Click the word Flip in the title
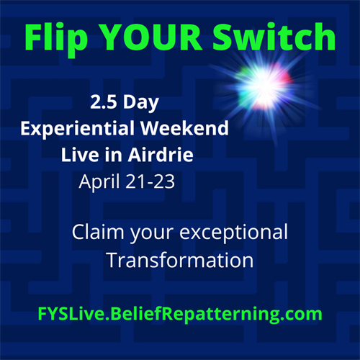56,38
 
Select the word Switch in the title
274,37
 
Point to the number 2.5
104,102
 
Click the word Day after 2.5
141,103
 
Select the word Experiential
77,129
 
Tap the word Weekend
184,128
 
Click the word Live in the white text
80,155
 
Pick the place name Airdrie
161,155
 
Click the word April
99,182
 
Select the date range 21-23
150,181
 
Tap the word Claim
98,232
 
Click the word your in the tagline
152,234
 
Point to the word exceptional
233,233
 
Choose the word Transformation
181,260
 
